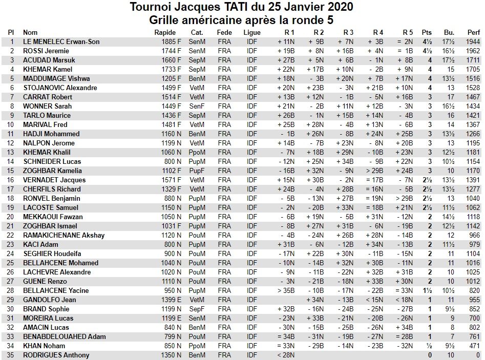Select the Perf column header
point(474,32)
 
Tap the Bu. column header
point(449,32)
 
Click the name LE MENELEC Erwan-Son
point(61,41)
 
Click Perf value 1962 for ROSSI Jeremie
point(474,51)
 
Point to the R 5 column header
point(408,32)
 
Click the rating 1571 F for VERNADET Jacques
point(171,180)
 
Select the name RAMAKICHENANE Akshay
point(64,235)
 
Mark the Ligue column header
point(252,32)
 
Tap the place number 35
point(11,355)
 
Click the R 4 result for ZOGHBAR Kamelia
point(375,171)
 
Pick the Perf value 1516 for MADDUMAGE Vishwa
point(474,78)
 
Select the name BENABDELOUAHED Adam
point(65,336)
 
